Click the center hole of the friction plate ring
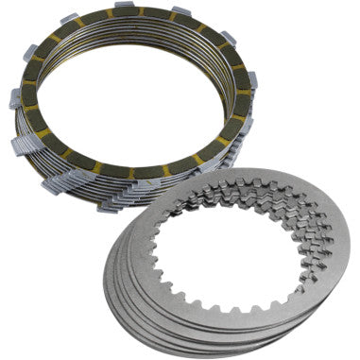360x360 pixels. point(132,104)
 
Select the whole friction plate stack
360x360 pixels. point(132,104)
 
